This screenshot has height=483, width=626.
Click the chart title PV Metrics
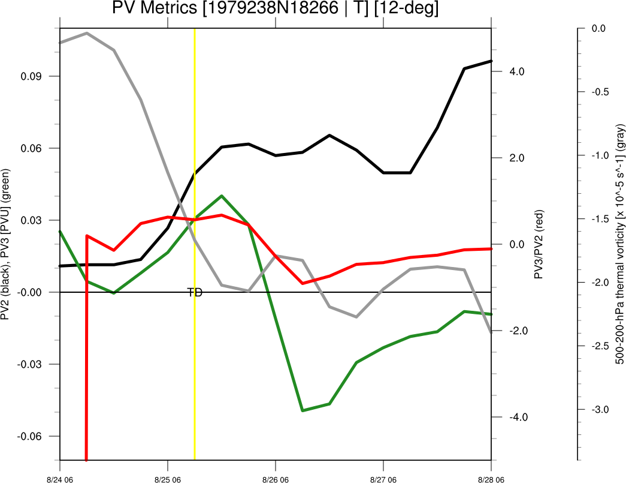275,9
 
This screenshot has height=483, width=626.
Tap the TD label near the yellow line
195,293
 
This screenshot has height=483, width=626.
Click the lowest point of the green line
303,410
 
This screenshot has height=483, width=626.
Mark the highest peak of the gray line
87,33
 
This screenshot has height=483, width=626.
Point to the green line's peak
222,196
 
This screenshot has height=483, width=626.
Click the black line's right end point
491,61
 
